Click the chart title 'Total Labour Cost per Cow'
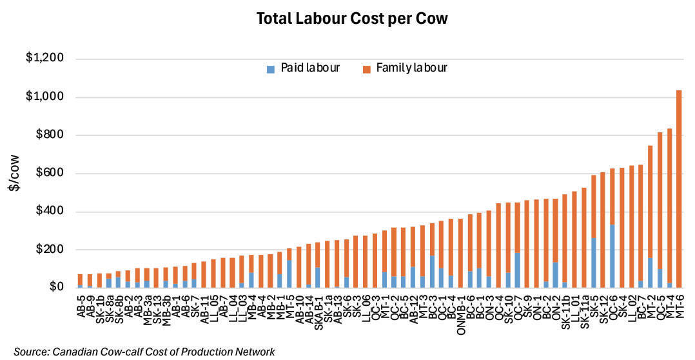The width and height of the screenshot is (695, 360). point(351,19)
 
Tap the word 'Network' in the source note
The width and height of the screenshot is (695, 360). point(256,351)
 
